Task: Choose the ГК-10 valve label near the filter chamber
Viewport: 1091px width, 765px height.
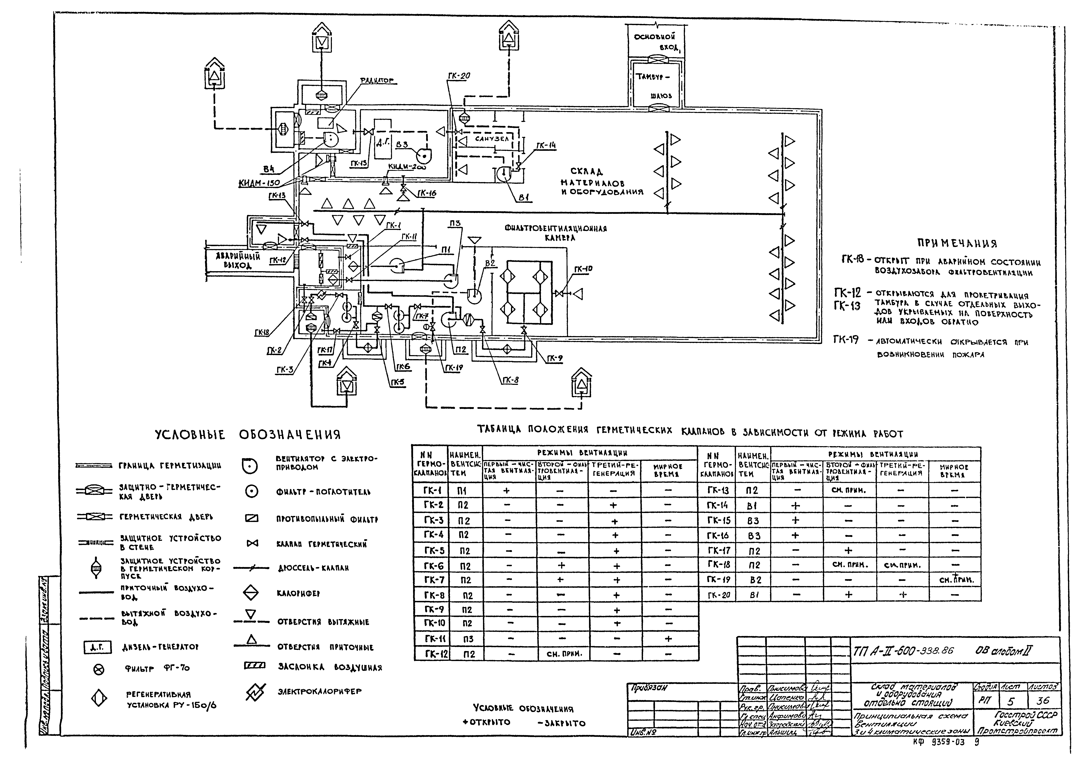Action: click(x=583, y=269)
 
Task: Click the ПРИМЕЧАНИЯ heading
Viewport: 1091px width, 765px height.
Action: click(x=956, y=244)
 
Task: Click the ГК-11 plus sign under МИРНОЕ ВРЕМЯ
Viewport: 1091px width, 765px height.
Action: click(x=668, y=639)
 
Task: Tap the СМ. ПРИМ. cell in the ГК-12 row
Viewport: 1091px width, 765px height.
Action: click(x=561, y=654)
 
